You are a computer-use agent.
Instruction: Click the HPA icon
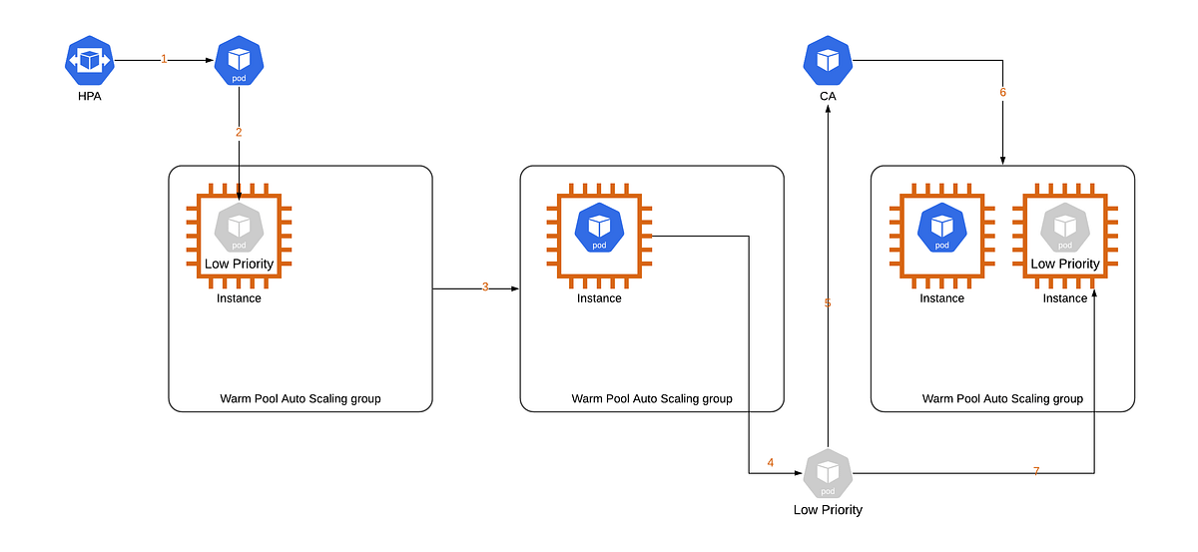pyautogui.click(x=90, y=61)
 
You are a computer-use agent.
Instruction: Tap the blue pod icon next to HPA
pyautogui.click(x=239, y=61)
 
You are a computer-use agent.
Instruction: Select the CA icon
pyautogui.click(x=828, y=61)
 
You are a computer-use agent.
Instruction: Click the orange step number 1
pyautogui.click(x=164, y=60)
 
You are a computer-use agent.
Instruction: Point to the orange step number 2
pyautogui.click(x=239, y=132)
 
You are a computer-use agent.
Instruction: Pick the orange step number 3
pyautogui.click(x=485, y=287)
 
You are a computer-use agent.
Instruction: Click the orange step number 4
pyautogui.click(x=771, y=462)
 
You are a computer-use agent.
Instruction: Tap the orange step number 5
pyautogui.click(x=828, y=302)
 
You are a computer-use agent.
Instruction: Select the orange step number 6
pyautogui.click(x=1003, y=93)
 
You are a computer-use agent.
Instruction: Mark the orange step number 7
pyautogui.click(x=1036, y=471)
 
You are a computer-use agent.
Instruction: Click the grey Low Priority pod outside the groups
pyautogui.click(x=828, y=473)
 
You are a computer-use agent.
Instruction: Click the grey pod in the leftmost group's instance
pyautogui.click(x=239, y=228)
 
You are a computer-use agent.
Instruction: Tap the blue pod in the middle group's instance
pyautogui.click(x=599, y=228)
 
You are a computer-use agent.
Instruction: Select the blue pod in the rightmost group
pyautogui.click(x=941, y=228)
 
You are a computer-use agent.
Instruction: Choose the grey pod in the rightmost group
pyautogui.click(x=1065, y=228)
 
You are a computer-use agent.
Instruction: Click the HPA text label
pyautogui.click(x=90, y=97)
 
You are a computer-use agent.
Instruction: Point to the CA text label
pyautogui.click(x=828, y=97)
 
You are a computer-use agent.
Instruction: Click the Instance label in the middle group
pyautogui.click(x=599, y=298)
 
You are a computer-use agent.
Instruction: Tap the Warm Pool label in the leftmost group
pyautogui.click(x=300, y=399)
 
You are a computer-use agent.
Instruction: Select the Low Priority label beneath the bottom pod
pyautogui.click(x=828, y=510)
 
